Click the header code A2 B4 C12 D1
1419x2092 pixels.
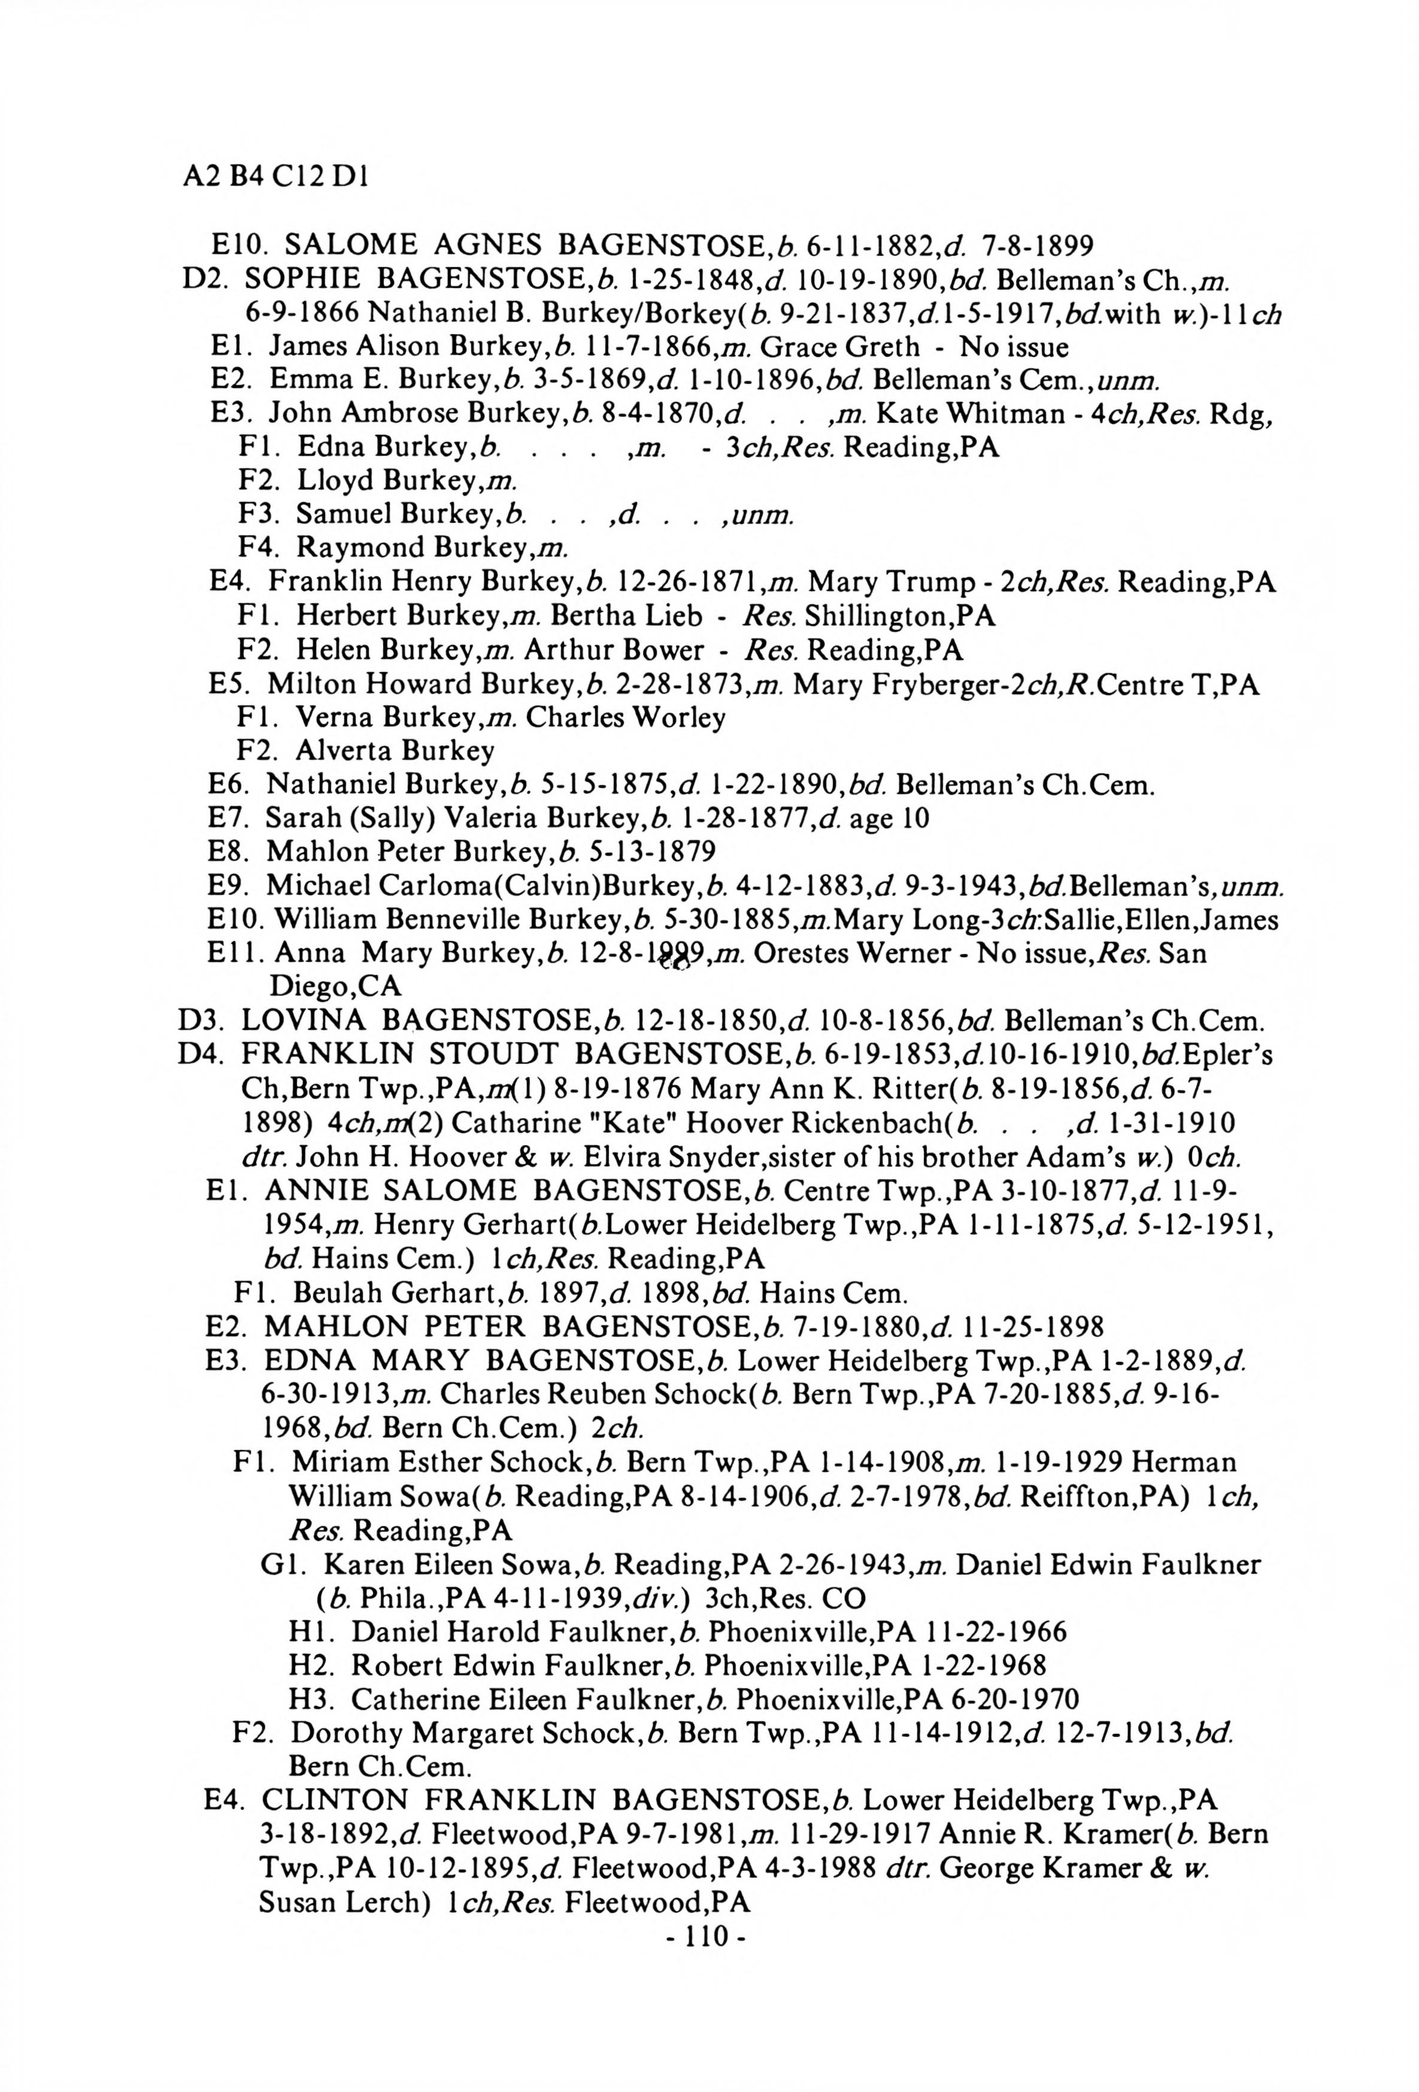coord(274,177)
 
